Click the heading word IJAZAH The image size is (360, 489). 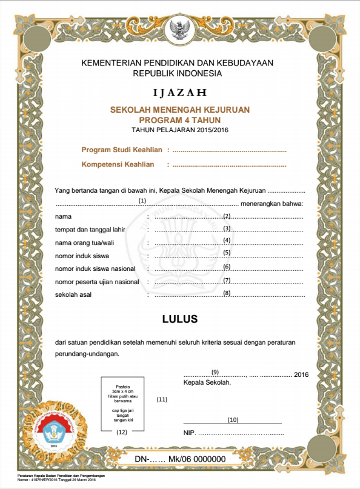[x=179, y=93]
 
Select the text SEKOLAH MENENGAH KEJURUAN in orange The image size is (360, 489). [x=179, y=110]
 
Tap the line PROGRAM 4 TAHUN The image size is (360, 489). [x=179, y=120]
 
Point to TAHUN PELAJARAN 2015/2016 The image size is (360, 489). [x=179, y=130]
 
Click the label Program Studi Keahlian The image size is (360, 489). [x=122, y=150]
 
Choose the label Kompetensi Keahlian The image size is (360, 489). [x=118, y=164]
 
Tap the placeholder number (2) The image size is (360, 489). [x=227, y=216]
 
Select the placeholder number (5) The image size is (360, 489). [x=227, y=253]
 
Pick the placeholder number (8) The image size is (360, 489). [x=227, y=293]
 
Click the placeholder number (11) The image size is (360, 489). [x=162, y=399]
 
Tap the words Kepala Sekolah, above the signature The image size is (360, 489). [x=207, y=382]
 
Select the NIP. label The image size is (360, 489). [x=190, y=433]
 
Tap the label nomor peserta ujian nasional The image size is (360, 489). [x=97, y=282]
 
